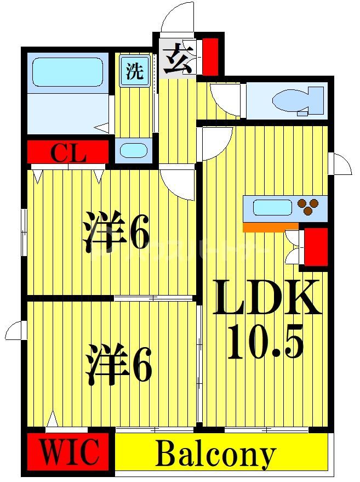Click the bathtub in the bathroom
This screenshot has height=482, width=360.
[x=67, y=72]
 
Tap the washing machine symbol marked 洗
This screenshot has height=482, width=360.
[x=134, y=72]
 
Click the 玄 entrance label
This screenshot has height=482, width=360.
[x=178, y=59]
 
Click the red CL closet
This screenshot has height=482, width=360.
[x=68, y=152]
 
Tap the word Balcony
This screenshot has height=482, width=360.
[x=215, y=455]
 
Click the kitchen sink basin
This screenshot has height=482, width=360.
[x=272, y=208]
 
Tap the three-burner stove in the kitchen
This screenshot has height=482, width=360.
[x=308, y=207]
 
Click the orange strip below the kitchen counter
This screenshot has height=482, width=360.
[x=271, y=226]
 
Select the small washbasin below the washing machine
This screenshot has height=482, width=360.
[x=134, y=150]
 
